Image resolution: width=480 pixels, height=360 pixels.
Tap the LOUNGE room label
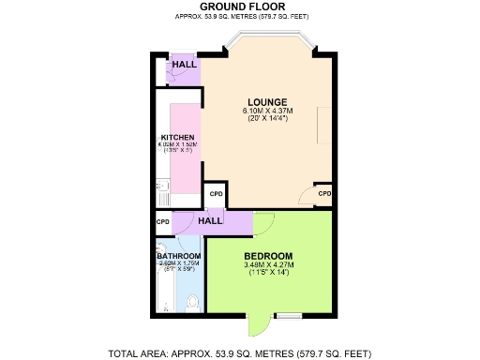pos(267,102)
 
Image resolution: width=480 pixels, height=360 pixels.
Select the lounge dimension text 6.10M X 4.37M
pos(267,111)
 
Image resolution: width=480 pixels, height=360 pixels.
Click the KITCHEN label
pos(177,138)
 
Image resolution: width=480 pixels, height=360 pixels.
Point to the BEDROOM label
pos(268,256)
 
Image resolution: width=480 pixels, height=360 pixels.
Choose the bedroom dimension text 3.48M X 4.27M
pos(268,265)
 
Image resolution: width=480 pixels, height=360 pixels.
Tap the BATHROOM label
pos(178,256)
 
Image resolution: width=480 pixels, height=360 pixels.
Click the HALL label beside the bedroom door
pos(209,220)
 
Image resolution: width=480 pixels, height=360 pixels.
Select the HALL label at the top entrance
pos(185,65)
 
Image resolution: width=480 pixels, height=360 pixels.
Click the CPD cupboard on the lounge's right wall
pos(324,194)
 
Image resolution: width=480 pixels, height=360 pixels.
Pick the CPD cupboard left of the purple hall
pos(162,222)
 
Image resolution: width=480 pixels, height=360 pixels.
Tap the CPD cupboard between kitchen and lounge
pos(216,194)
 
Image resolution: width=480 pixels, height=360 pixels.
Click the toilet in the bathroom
pos(192,302)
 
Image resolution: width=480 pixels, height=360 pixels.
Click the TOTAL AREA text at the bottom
pos(240,352)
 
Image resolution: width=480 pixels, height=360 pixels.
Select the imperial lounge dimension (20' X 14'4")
pos(267,119)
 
